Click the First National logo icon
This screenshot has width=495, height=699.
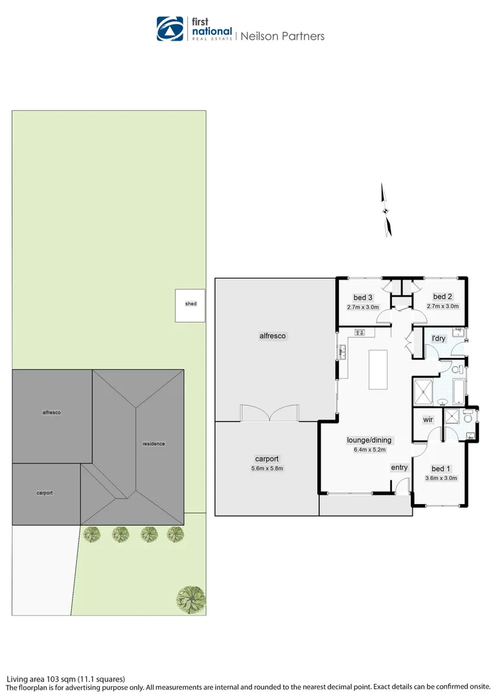[170, 29]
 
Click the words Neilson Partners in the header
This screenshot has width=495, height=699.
[282, 36]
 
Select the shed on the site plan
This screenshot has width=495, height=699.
[190, 304]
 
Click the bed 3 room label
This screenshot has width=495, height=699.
[363, 297]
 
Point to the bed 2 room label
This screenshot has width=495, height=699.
[442, 297]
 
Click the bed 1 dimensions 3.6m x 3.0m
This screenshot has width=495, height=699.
[441, 479]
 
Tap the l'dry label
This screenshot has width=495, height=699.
[439, 338]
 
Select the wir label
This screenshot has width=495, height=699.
[428, 419]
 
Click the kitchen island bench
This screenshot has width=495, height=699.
[378, 370]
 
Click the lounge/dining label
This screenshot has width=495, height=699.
[369, 440]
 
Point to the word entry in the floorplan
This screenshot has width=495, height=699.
[399, 467]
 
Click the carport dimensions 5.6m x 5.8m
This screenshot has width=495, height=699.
[268, 468]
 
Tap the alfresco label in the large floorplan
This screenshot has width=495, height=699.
[272, 336]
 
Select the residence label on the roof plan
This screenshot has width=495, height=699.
[154, 443]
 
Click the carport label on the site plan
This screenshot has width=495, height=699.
[44, 493]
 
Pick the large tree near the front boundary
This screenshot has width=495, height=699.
[191, 598]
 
